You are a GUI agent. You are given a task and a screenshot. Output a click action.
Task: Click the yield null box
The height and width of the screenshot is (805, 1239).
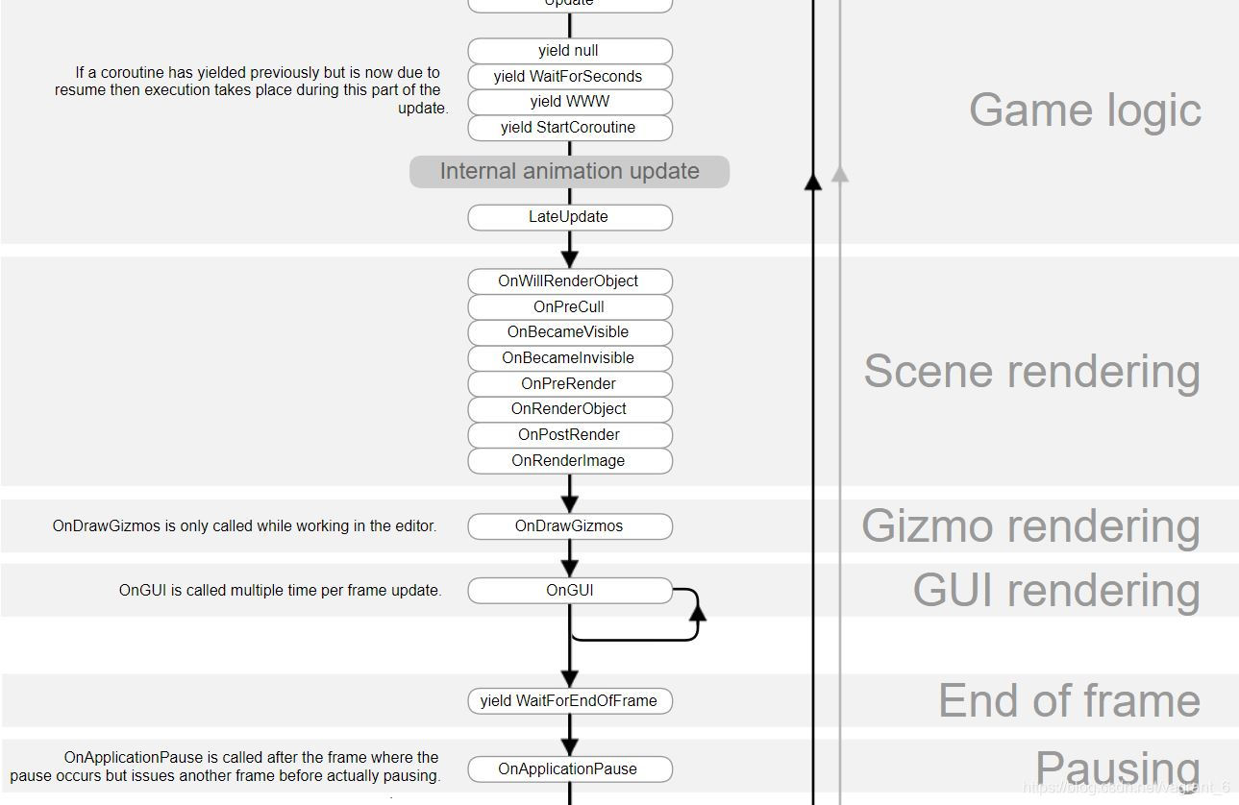coord(569,51)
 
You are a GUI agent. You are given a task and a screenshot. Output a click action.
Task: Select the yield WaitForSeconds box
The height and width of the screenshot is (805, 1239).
coord(569,77)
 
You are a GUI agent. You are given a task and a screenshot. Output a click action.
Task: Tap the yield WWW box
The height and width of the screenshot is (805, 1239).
coord(569,102)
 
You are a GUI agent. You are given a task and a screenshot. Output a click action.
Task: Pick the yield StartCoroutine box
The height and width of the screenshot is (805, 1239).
coord(569,128)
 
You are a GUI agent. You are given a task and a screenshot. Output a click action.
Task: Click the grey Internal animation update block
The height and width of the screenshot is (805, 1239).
coord(569,172)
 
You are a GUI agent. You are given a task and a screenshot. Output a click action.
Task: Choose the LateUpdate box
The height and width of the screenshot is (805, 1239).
coord(569,217)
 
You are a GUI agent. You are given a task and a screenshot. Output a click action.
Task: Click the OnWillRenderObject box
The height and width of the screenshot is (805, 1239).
coord(569,281)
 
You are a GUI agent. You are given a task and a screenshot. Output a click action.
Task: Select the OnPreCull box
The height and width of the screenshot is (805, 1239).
coord(569,307)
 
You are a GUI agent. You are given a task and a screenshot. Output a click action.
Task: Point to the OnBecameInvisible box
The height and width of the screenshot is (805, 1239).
coord(569,358)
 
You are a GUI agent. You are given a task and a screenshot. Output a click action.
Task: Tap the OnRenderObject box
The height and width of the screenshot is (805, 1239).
coord(569,409)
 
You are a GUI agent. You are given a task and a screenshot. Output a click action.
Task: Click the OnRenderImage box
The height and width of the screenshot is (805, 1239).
coord(569,461)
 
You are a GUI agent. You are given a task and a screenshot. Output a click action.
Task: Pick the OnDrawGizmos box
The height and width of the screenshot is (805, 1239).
coord(569,526)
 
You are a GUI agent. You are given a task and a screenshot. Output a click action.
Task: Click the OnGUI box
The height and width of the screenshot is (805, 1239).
coord(569,591)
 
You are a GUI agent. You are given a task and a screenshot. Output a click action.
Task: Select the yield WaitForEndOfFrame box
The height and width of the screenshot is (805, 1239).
coord(569,701)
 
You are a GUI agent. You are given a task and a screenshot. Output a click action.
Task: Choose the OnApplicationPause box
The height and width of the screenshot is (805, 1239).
coord(569,769)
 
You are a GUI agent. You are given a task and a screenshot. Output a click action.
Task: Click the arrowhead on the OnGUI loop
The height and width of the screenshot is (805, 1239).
coord(697,608)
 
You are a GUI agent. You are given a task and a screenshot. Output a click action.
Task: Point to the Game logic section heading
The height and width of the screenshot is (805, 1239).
coord(1084,110)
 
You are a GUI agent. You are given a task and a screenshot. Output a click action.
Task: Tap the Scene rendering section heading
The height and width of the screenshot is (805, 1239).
coord(1031,372)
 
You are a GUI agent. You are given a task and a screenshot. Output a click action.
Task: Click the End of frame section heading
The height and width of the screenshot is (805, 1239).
coord(1069,701)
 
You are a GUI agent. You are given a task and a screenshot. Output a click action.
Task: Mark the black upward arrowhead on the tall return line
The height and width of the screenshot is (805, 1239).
coord(812,181)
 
